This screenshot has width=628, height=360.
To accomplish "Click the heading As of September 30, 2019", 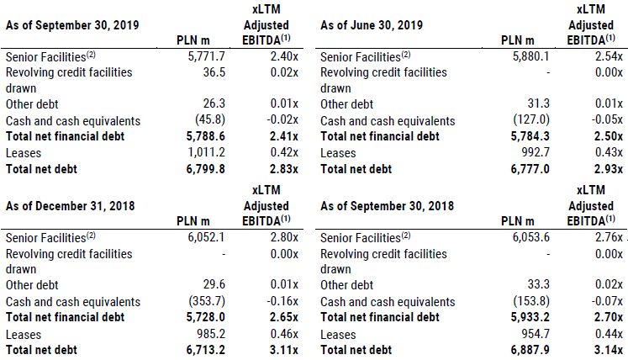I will click(x=72, y=24).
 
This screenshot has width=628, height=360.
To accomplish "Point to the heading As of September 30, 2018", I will click(x=388, y=205).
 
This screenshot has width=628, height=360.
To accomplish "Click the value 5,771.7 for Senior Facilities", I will click(x=206, y=56).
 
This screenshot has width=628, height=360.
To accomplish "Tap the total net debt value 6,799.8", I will click(x=205, y=169).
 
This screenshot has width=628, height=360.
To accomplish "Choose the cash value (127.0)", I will click(x=522, y=121).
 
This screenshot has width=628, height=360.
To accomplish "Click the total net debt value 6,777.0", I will click(x=521, y=169).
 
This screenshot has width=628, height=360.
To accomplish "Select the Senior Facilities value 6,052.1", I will click(x=205, y=237).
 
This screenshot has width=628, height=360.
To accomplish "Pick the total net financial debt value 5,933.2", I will click(x=521, y=318).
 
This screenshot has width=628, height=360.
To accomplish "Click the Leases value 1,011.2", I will click(x=206, y=153).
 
